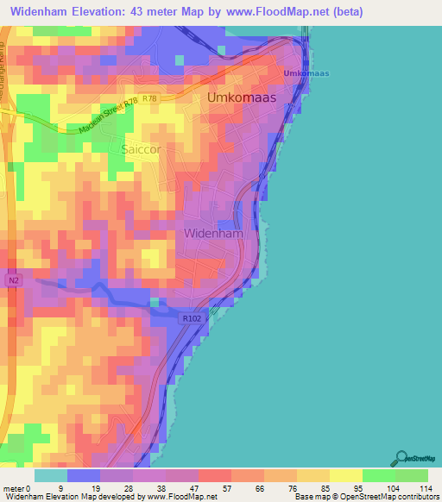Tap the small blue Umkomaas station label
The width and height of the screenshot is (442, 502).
click(307, 73)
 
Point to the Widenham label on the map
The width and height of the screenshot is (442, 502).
click(213, 233)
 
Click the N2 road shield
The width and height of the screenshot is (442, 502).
click(12, 280)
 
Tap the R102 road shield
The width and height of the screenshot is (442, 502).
click(192, 318)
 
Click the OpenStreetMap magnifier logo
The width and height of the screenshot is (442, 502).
click(403, 460)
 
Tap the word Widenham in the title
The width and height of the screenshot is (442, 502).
click(41, 12)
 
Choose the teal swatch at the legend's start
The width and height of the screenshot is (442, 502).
click(51, 475)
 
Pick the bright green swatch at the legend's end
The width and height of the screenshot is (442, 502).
click(412, 475)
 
